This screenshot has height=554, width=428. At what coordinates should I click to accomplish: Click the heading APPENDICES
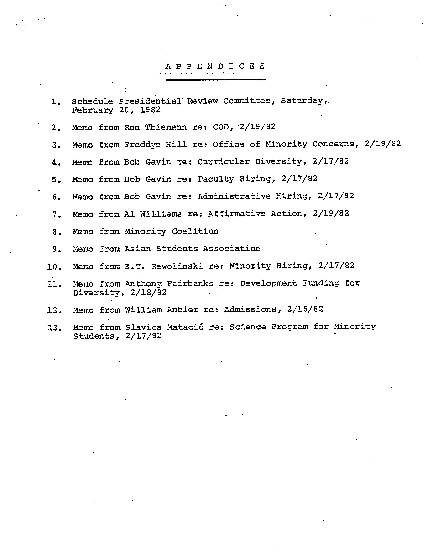coord(215,66)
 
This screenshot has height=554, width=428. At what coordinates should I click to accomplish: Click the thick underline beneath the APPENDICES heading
coord(216,80)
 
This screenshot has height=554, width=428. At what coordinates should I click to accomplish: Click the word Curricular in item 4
coord(224,161)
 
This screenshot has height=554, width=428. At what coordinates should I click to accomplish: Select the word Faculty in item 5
coord(216,179)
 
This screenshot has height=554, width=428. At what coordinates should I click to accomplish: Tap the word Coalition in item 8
coord(195,231)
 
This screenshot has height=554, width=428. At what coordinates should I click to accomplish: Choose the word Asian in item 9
coord(137,249)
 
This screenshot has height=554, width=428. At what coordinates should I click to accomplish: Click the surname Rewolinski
coord(177,266)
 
